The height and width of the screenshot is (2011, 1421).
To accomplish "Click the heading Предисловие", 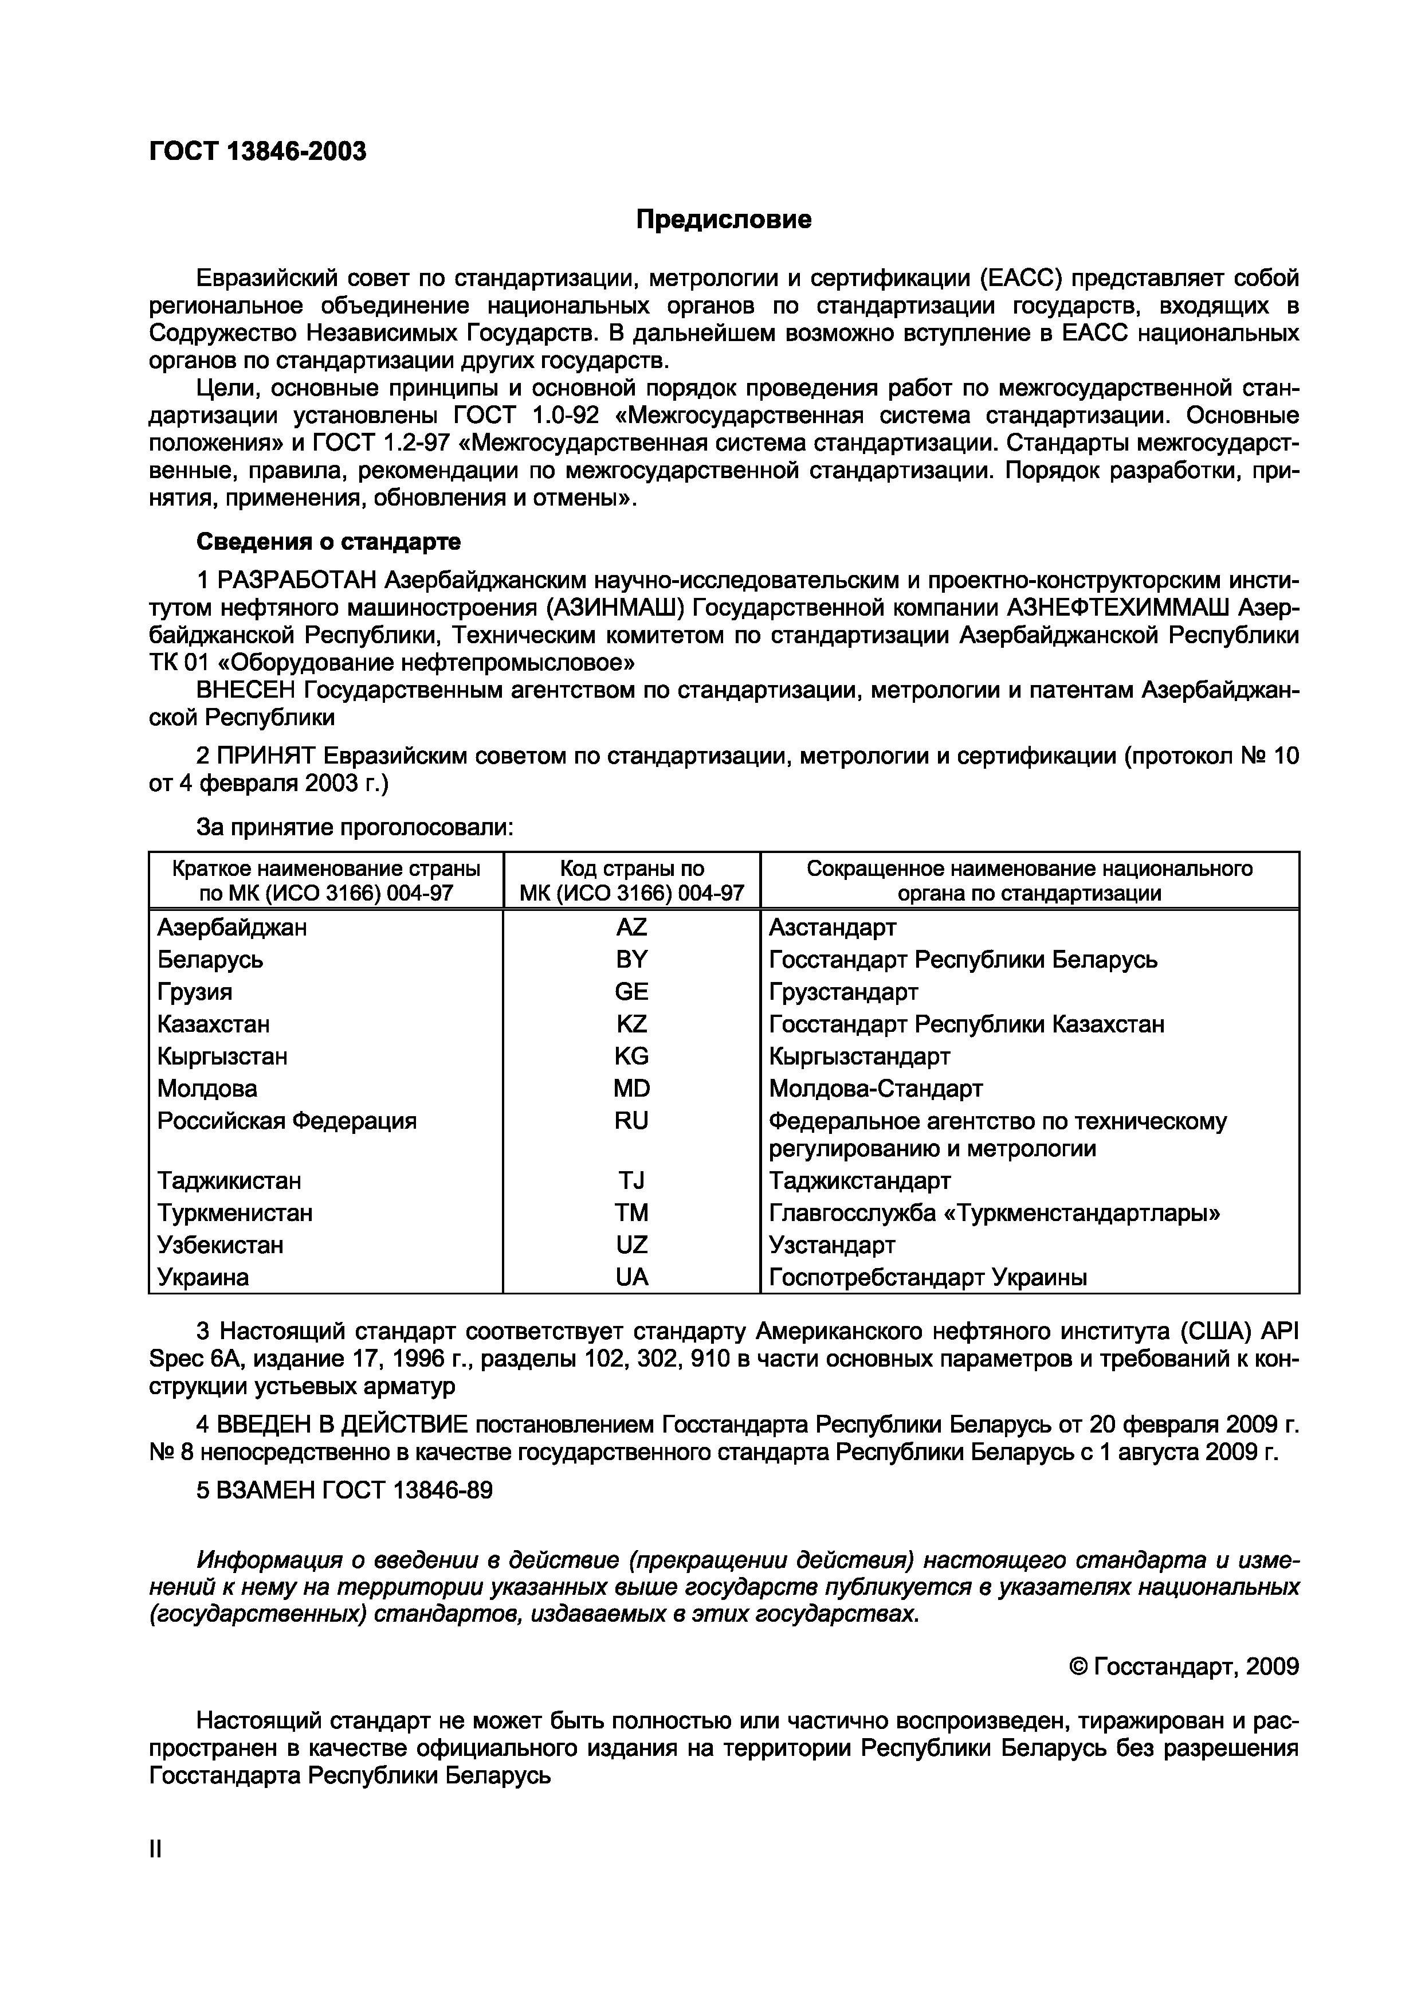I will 723,219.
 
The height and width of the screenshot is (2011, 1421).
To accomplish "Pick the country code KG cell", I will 631,1057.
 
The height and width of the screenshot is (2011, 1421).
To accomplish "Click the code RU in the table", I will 631,1121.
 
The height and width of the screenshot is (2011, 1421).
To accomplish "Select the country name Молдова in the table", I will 207,1089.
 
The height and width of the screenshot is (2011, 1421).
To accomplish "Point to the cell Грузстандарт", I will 843,992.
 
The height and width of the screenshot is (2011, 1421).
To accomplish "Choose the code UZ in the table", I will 631,1245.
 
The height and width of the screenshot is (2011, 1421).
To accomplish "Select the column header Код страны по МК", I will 631,881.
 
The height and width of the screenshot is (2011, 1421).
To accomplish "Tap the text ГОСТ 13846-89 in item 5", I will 407,1490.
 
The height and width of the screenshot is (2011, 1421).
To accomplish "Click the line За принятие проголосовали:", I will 355,827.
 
